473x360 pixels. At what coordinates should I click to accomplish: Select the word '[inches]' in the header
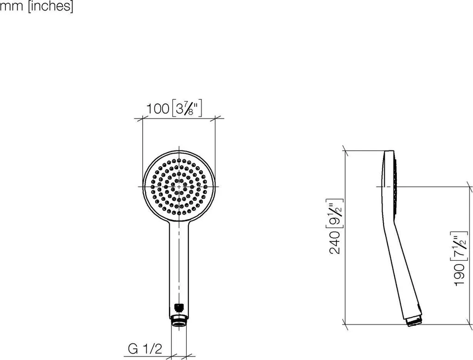pos(50,6)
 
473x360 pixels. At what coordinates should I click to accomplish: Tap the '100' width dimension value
pos(158,108)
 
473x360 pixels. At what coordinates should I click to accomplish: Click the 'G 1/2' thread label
pos(145,349)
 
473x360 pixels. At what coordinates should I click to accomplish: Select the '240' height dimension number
pos(335,242)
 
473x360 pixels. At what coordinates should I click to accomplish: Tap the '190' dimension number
pos(461,275)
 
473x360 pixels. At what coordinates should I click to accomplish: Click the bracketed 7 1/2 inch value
pos(461,246)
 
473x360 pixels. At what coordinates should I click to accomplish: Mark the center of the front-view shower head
pos(179,186)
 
